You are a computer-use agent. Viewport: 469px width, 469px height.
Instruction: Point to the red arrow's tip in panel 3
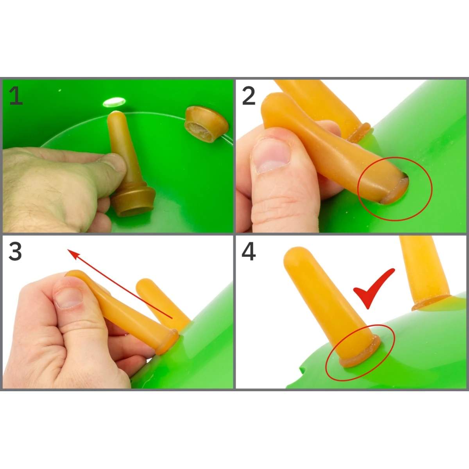click(68, 250)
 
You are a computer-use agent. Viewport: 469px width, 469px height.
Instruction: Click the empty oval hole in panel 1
click(114, 102)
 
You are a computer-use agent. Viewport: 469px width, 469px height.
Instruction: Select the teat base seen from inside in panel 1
click(206, 124)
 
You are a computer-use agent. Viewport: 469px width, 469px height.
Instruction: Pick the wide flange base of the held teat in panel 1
click(133, 202)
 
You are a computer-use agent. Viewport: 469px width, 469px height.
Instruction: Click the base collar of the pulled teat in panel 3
click(167, 342)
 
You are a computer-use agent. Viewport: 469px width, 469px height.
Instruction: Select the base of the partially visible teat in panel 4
click(431, 303)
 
